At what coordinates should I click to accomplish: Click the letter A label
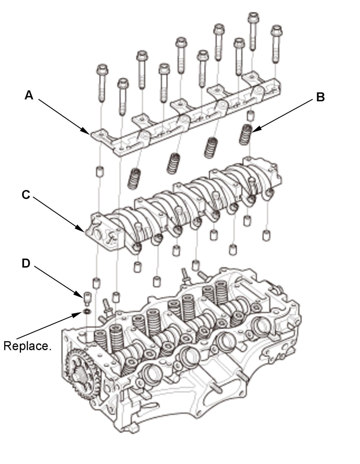tap(29, 95)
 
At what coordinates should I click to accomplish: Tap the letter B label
tap(320, 97)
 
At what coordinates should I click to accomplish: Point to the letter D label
tap(26, 263)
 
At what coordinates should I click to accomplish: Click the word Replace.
tap(27, 346)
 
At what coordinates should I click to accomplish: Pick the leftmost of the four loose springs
tap(134, 178)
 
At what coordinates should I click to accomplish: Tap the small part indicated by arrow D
tap(87, 298)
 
